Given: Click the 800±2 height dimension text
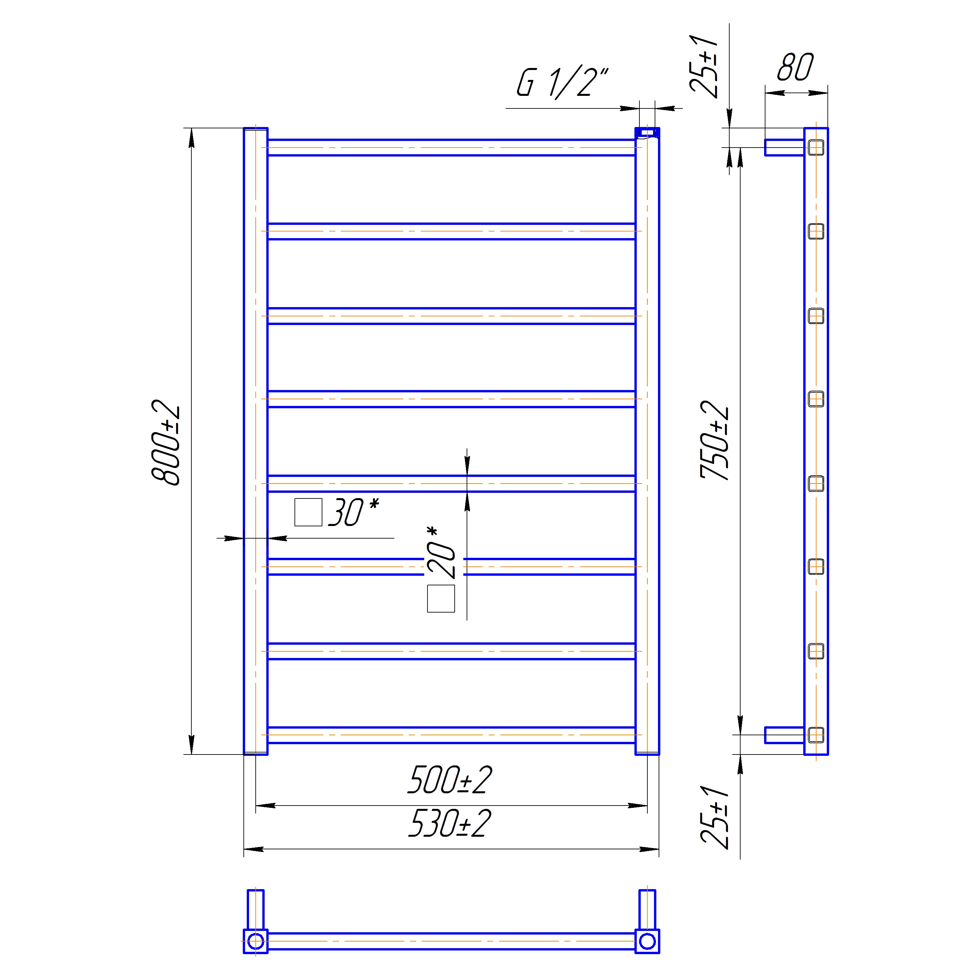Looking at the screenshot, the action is click(x=166, y=443).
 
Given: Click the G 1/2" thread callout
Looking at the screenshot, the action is click(x=562, y=82).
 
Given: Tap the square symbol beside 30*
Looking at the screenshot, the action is click(x=308, y=512).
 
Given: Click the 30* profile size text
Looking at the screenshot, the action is click(x=354, y=512).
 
